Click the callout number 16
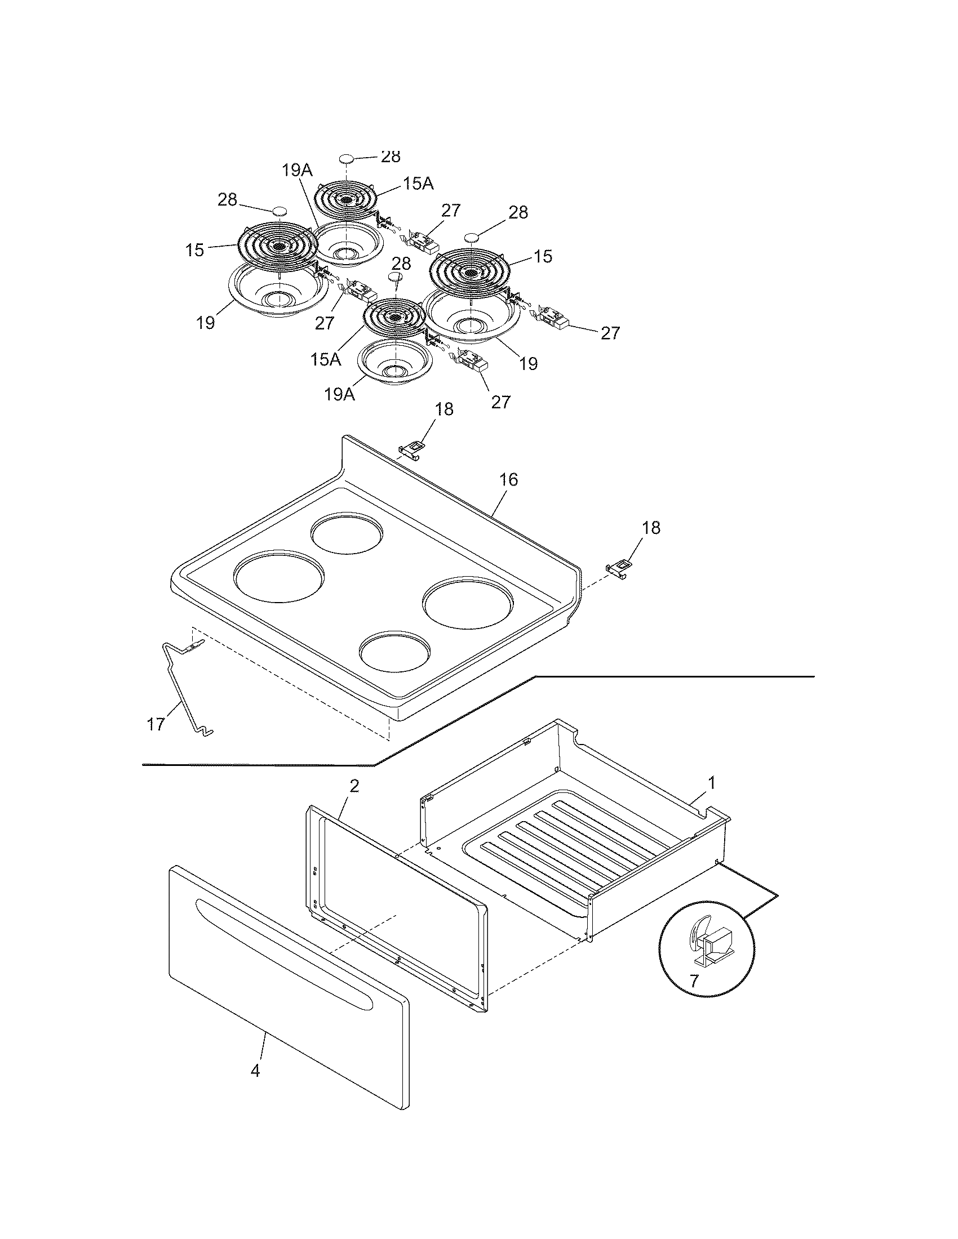pos(508,480)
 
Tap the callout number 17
pos(156,724)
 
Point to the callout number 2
pos(353,786)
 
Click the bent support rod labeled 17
pos(180,692)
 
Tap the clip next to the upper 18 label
pos(413,448)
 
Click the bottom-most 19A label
pos(339,394)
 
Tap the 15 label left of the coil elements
pos(194,249)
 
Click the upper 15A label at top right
pos(419,183)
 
